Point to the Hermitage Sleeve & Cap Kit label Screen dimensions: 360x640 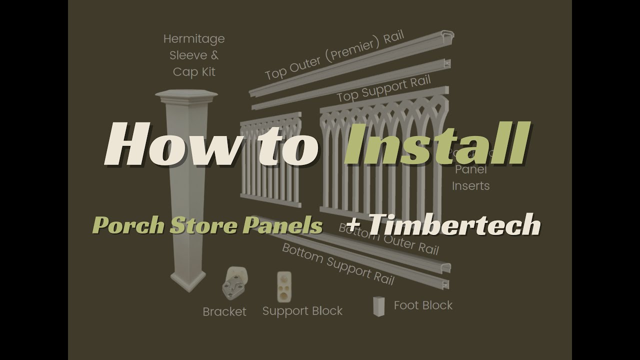tap(194, 55)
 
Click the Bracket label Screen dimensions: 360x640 tap(224, 312)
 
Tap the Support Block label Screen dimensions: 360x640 tap(302, 311)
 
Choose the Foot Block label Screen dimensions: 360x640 tap(423, 305)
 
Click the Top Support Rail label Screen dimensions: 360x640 tap(383, 89)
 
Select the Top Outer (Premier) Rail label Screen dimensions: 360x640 tap(334, 55)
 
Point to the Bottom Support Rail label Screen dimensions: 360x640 tap(338, 264)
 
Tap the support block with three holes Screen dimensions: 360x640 tap(284, 287)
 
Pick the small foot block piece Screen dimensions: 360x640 tap(379, 306)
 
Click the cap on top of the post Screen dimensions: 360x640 tap(186, 95)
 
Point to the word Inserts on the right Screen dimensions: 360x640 tap(471, 186)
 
